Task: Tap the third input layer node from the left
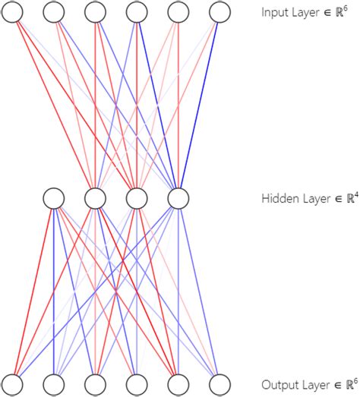tap(95, 12)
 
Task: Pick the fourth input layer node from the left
tap(136, 12)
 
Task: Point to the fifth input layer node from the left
tap(178, 12)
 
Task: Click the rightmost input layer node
tap(219, 12)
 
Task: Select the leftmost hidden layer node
tap(53, 198)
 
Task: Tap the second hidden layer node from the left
tap(95, 198)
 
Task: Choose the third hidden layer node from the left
tap(136, 198)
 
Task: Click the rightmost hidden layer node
tap(178, 198)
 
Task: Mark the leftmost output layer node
tap(12, 384)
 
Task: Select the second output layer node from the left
tap(53, 384)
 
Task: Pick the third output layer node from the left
tap(95, 384)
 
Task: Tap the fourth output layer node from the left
tap(136, 384)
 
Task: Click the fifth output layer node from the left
tap(178, 384)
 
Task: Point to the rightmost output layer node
tap(219, 384)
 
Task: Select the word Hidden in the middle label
tap(278, 199)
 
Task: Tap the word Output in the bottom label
tap(278, 385)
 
